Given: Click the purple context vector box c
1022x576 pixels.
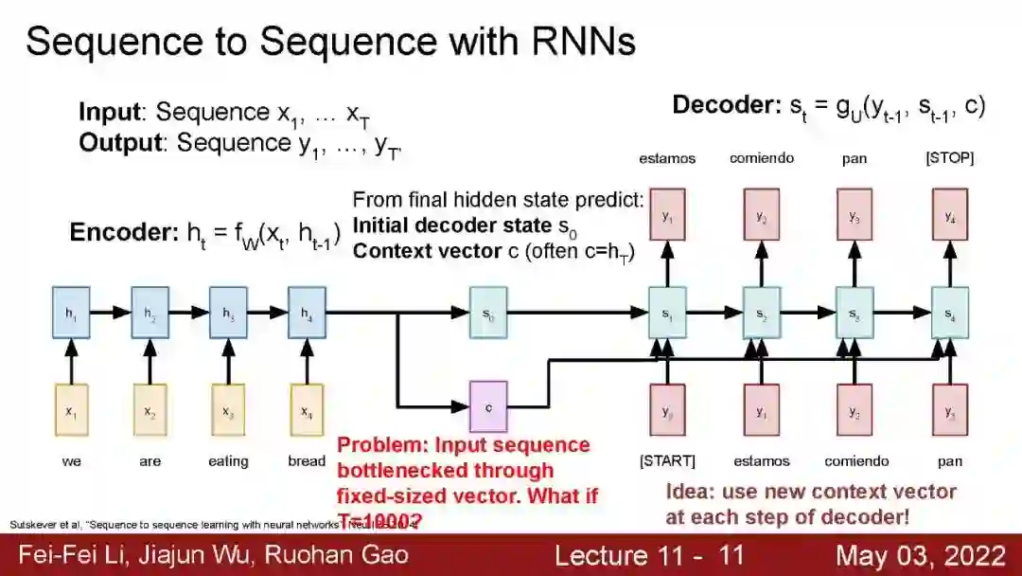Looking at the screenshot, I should coord(488,407).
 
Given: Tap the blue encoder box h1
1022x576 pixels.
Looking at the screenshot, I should coord(70,313).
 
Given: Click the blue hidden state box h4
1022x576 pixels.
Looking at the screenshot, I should coord(307,313).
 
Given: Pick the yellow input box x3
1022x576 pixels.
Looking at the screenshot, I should coord(228,409).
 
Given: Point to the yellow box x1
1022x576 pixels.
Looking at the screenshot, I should coord(71,409).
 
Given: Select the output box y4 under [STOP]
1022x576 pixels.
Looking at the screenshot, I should coord(950,214).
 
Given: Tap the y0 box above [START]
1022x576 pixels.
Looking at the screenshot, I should coord(667,409).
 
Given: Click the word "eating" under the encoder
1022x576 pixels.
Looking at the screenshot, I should coord(228,461).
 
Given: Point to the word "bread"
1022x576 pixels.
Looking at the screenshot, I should coord(307,461).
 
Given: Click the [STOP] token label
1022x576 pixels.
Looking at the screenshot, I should coord(949,158).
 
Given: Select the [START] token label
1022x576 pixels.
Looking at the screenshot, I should coord(667,461).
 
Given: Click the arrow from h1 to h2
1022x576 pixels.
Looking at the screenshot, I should coord(110,312).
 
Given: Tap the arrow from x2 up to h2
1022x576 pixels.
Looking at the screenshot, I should coord(150,361).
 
